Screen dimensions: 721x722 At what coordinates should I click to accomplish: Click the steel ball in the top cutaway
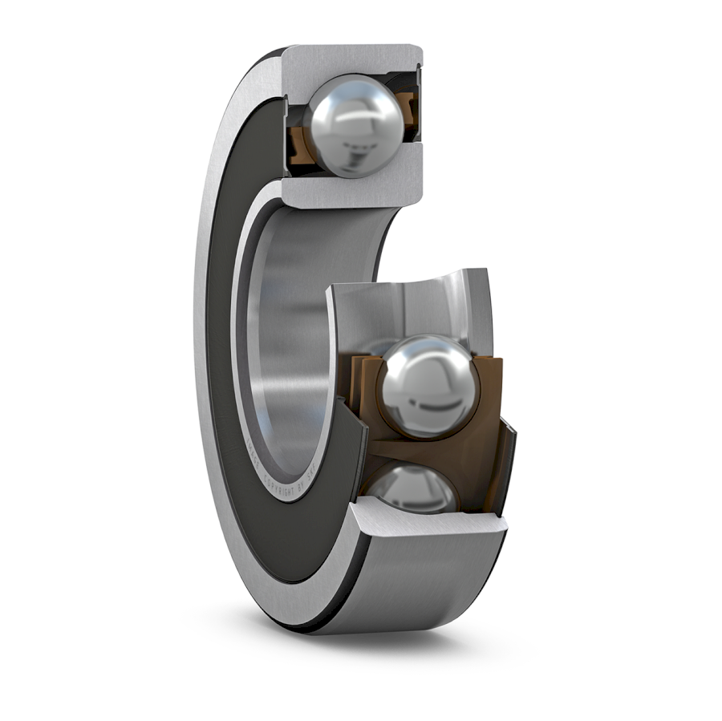click(354, 125)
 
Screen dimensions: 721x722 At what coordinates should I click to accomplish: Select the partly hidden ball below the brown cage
click(409, 486)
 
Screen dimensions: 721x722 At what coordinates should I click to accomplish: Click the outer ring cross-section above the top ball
click(353, 59)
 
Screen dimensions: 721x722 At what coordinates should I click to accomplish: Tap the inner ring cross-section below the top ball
click(353, 189)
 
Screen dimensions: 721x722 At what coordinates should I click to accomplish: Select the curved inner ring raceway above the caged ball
click(409, 305)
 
